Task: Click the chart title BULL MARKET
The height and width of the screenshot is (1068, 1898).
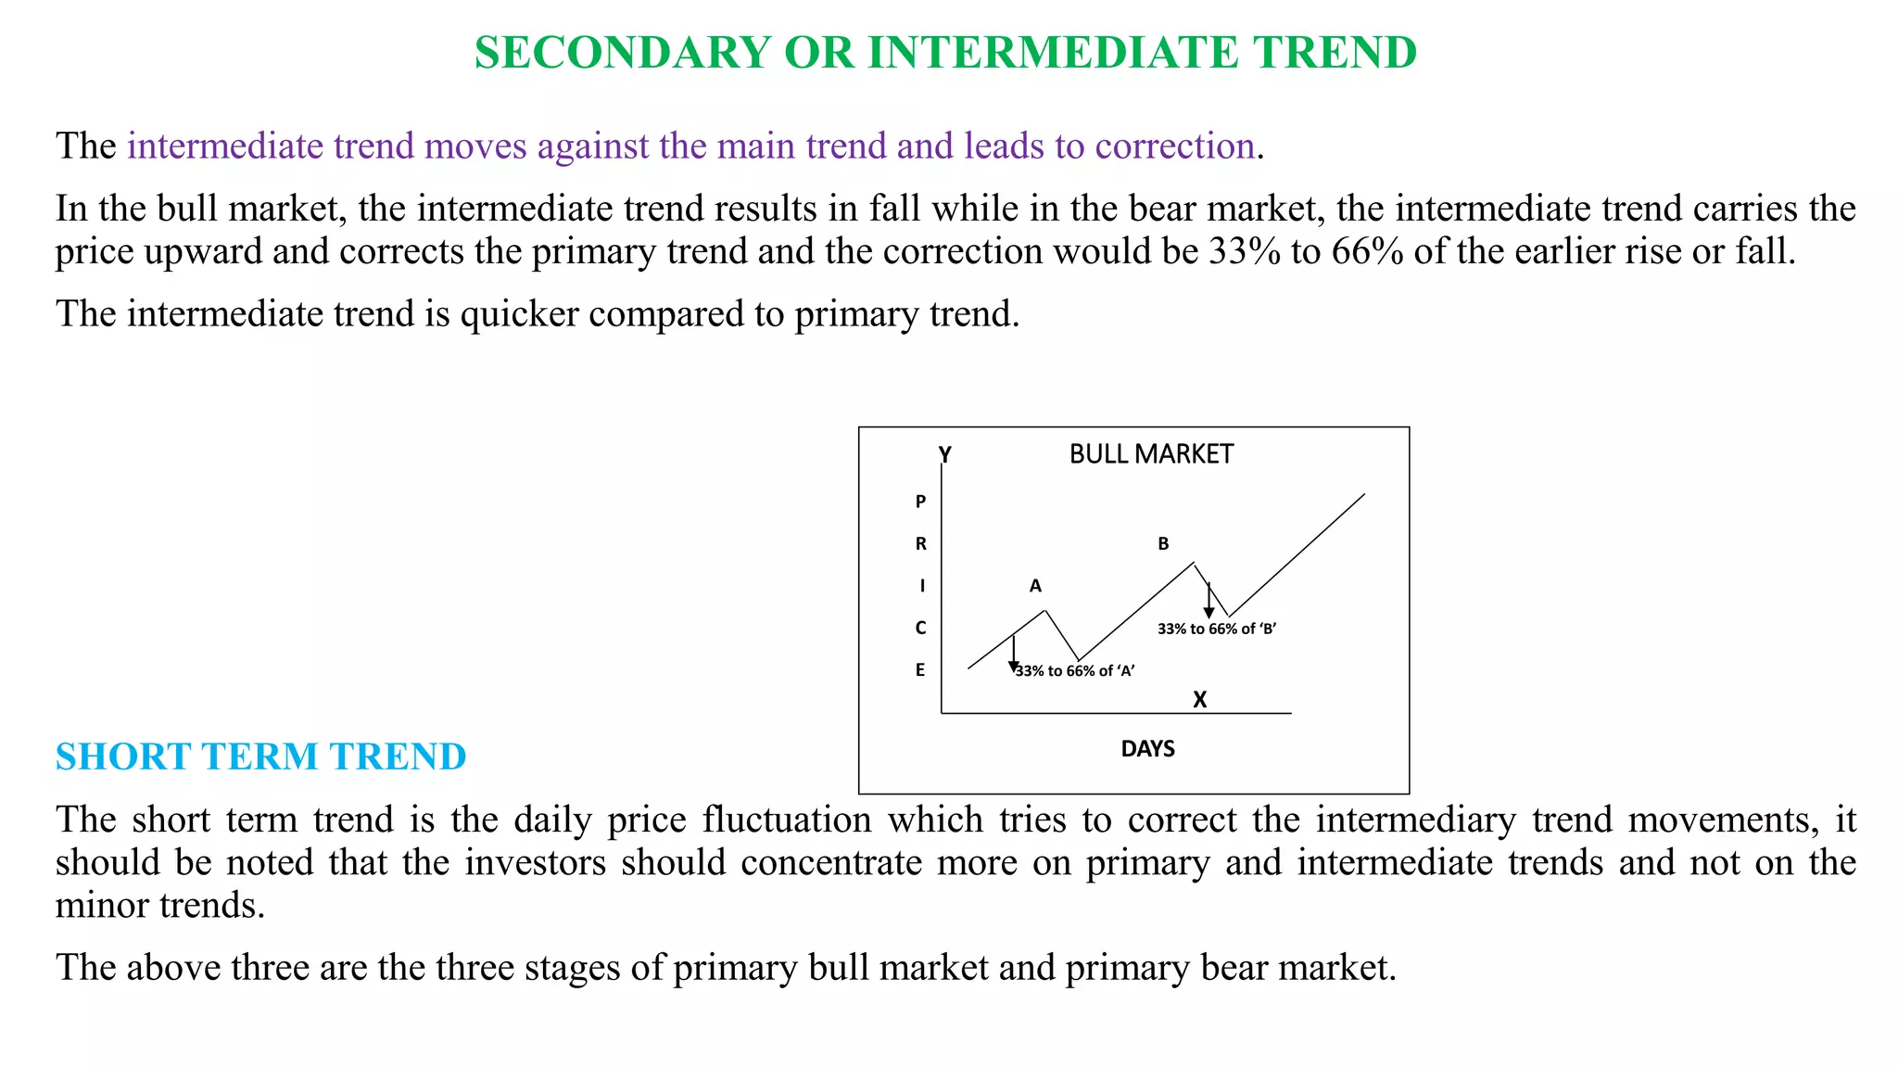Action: (1151, 454)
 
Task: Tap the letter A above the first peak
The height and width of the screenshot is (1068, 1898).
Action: (1035, 586)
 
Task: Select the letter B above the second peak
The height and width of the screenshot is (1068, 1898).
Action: (1163, 544)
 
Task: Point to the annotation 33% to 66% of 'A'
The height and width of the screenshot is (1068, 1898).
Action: (1075, 671)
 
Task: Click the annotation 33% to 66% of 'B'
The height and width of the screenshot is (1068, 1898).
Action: (1217, 629)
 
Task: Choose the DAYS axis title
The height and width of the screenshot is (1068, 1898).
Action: (1147, 749)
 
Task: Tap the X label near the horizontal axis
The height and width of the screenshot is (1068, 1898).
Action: (1199, 700)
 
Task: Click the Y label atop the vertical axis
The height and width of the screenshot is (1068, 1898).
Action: (944, 455)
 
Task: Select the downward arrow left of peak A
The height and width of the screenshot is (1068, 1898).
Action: (1014, 654)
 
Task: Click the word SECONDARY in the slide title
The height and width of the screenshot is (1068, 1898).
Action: (622, 53)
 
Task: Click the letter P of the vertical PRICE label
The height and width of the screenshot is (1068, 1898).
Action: (920, 502)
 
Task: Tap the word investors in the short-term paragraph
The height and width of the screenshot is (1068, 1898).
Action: (535, 863)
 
